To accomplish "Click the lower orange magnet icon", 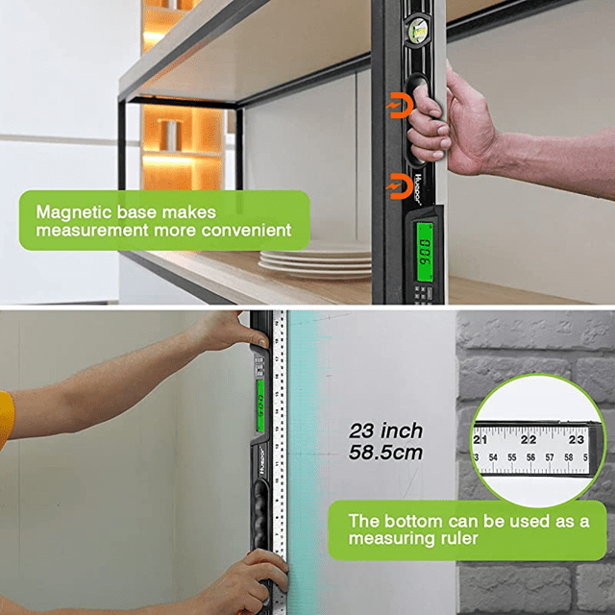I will coord(396,184).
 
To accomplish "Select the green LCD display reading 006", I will coord(423,253).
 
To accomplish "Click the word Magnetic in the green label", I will coord(67,211).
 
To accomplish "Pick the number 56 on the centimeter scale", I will coord(534,458).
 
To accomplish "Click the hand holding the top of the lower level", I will coord(231,332).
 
